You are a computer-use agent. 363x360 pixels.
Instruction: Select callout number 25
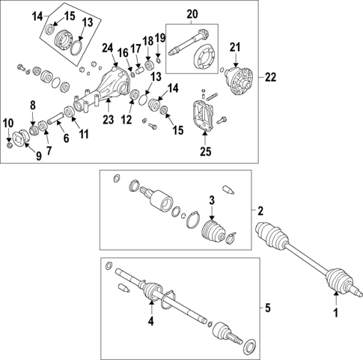[206, 152]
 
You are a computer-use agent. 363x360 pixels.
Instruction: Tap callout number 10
[7, 122]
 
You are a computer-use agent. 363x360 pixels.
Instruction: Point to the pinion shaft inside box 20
[183, 43]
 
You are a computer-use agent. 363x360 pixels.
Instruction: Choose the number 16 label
[122, 53]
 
